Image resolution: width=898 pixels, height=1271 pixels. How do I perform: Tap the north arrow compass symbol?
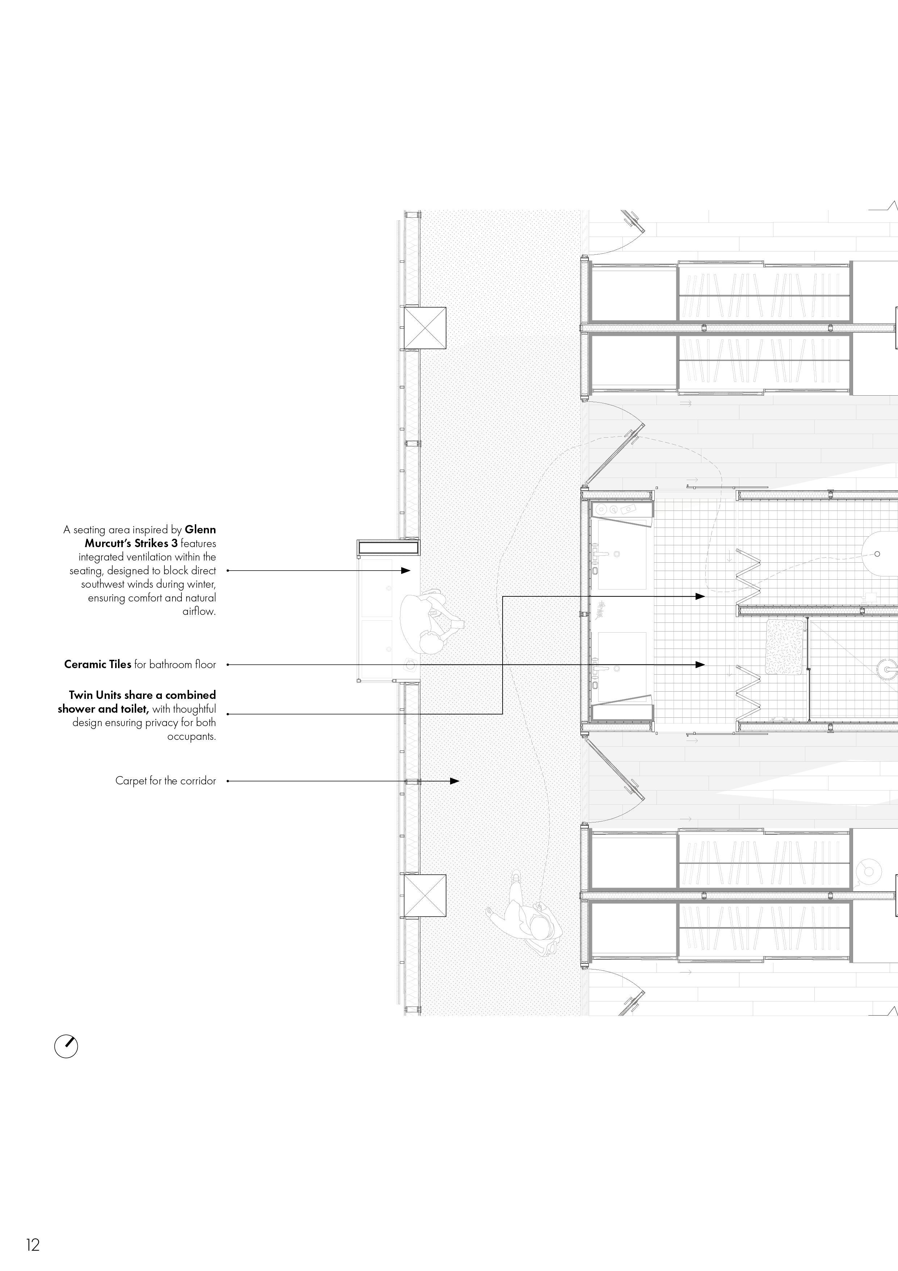click(66, 1046)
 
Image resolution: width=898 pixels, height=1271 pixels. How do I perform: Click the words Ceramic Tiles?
click(98, 664)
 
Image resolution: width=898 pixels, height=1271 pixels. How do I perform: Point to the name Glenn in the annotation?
click(200, 530)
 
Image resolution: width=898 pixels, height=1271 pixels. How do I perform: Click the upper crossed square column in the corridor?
click(425, 328)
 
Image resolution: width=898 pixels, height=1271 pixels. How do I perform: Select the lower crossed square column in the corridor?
click(425, 895)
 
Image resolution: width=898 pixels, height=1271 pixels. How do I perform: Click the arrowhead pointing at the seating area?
click(406, 570)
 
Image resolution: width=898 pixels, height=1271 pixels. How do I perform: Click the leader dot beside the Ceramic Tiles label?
click(227, 664)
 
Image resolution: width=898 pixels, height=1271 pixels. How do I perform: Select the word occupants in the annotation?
click(192, 736)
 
